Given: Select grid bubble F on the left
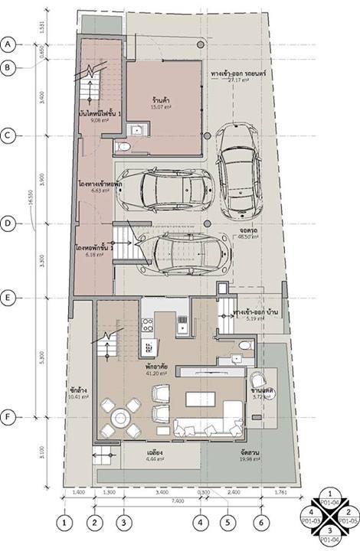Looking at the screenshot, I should click(x=11, y=419).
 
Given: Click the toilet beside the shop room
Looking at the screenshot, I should click(x=122, y=145).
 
